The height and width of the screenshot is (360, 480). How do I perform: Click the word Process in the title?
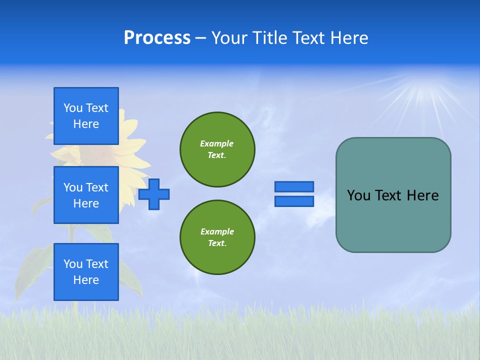tap(157, 38)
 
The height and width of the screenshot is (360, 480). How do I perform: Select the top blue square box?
tap(86, 116)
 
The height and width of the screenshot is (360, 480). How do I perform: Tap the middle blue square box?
tap(86, 195)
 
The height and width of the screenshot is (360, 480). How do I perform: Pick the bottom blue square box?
tap(86, 271)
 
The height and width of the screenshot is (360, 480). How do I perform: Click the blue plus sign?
tap(154, 194)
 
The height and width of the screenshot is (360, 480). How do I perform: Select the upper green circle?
tap(217, 149)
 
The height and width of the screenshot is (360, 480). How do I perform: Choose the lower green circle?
tap(217, 237)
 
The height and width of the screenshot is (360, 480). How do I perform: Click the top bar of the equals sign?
tap(294, 186)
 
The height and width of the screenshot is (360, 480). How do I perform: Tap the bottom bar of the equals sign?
tap(294, 201)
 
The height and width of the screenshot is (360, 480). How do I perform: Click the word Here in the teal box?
tap(422, 195)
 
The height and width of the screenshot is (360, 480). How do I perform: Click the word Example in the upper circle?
tap(216, 143)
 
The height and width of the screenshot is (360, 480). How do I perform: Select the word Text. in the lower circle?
tap(217, 243)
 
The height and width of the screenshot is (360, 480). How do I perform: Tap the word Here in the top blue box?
tap(86, 124)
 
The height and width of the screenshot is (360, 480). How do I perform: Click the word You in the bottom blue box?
tap(73, 264)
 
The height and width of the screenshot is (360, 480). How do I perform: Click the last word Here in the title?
tap(349, 38)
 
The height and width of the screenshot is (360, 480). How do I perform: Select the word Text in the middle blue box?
tap(96, 187)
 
